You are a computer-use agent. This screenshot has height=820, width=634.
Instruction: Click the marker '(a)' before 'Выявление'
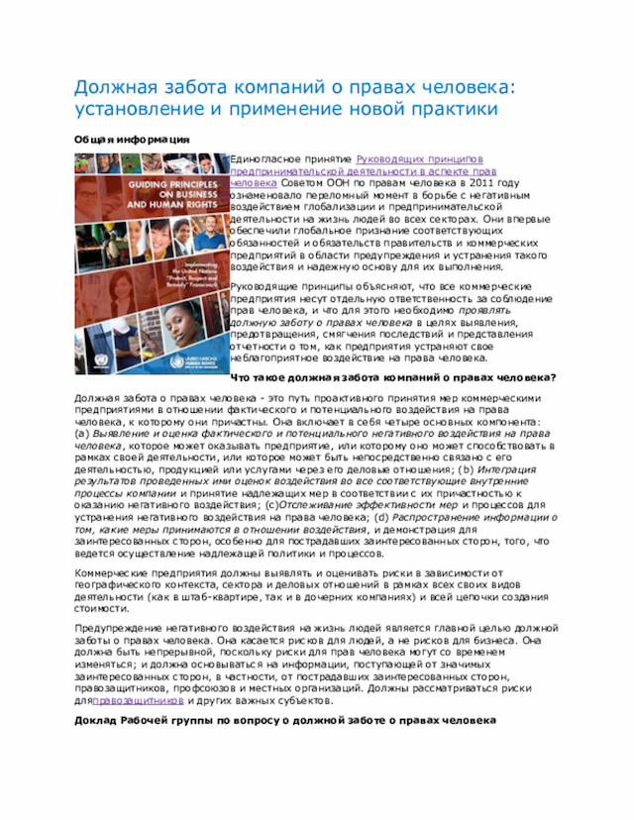[x=83, y=433]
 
